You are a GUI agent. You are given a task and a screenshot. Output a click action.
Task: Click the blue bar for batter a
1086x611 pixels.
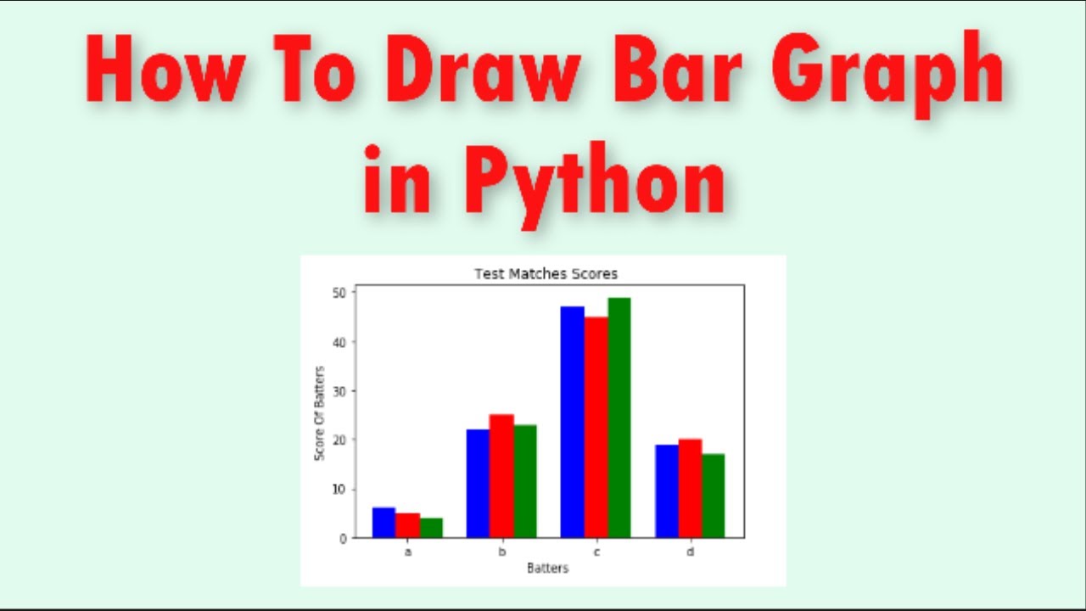click(x=383, y=523)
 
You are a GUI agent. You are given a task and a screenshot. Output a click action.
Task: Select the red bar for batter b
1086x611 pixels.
click(x=501, y=476)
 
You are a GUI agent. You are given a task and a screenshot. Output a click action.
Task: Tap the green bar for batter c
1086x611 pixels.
click(x=619, y=418)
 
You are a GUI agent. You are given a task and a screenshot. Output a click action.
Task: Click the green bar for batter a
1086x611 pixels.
click(x=431, y=528)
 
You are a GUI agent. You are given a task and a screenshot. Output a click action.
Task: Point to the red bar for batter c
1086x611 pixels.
click(x=596, y=427)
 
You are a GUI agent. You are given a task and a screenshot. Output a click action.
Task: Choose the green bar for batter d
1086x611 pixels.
click(x=713, y=496)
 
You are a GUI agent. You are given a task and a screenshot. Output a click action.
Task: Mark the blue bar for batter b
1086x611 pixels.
click(x=478, y=484)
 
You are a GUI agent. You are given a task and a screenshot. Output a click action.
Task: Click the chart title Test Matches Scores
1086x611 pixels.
click(x=546, y=274)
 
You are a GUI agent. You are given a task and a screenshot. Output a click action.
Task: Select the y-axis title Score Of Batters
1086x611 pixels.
click(x=320, y=413)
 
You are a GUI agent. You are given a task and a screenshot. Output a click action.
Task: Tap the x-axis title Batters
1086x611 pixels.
click(x=547, y=568)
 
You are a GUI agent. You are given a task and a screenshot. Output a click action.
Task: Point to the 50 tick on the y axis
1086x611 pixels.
click(x=339, y=293)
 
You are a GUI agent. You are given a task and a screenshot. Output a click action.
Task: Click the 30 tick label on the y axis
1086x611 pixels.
click(x=339, y=391)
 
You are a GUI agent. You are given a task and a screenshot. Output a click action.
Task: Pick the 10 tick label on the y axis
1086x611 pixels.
click(x=339, y=490)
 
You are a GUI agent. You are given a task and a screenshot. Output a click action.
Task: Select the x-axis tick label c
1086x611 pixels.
click(x=596, y=552)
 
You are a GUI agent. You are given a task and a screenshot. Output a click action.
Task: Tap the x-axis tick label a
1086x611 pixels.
click(x=408, y=552)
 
